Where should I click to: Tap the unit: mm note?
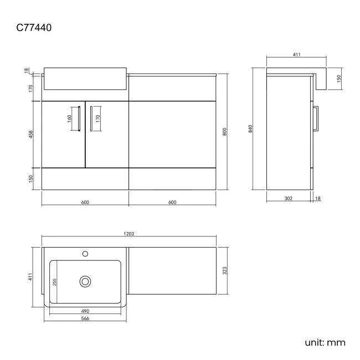point(325,342)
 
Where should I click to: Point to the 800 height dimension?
point(224,132)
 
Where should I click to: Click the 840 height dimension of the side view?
point(250,129)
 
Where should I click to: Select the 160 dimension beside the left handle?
point(70,119)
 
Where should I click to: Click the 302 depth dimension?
point(289,198)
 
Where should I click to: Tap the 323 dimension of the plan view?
point(225,270)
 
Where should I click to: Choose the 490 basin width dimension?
point(85,311)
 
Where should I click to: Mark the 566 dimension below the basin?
point(85,319)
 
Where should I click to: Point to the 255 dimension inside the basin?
point(54,282)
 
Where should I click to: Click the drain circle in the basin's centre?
point(85,281)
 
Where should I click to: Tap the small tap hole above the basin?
point(85,254)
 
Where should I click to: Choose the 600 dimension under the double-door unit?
point(85,202)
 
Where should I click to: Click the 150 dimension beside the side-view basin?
point(339,79)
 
